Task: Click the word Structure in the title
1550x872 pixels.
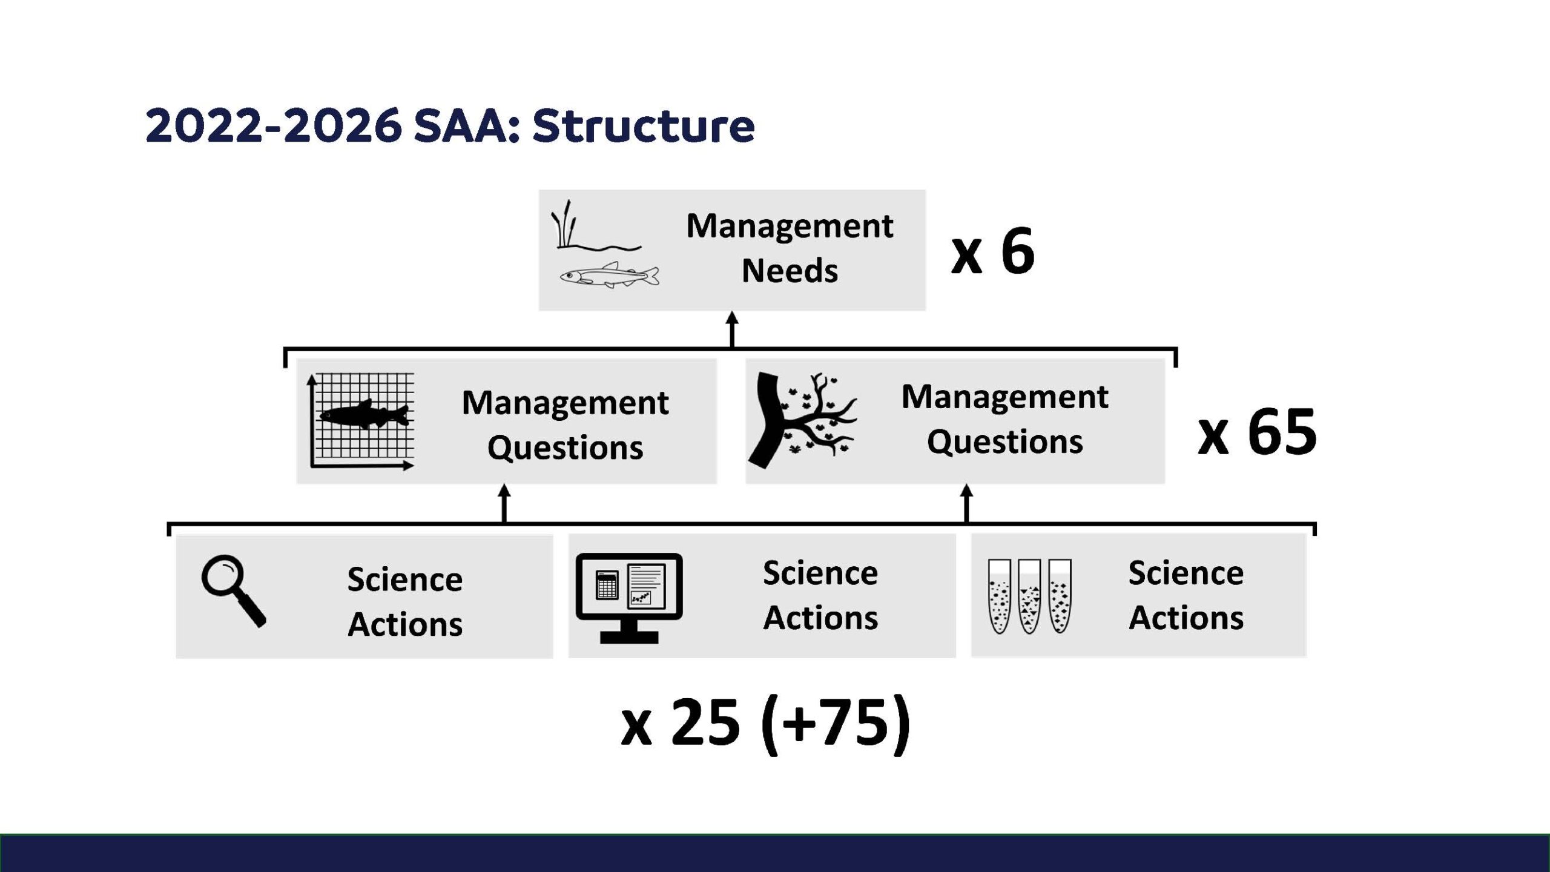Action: tap(644, 126)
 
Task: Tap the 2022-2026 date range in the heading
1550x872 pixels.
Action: tap(274, 126)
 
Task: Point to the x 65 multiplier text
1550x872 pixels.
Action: tap(1257, 432)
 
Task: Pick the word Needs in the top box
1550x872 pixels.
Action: tap(790, 271)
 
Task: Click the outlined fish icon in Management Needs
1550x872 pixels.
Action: tap(609, 276)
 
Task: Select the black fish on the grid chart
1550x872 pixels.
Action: tap(364, 415)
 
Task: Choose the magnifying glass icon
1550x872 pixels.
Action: tap(234, 591)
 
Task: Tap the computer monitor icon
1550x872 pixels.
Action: tap(629, 598)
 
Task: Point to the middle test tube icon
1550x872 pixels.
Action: tap(1029, 596)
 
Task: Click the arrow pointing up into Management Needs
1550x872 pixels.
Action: tap(732, 329)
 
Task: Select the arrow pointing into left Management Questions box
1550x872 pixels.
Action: tap(504, 503)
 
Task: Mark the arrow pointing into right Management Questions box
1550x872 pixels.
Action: tap(966, 503)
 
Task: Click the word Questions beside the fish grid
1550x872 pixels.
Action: tap(566, 448)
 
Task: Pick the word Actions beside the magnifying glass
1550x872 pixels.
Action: tap(405, 624)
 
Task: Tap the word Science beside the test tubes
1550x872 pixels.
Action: tap(1186, 573)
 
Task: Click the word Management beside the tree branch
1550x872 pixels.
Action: tap(1005, 398)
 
